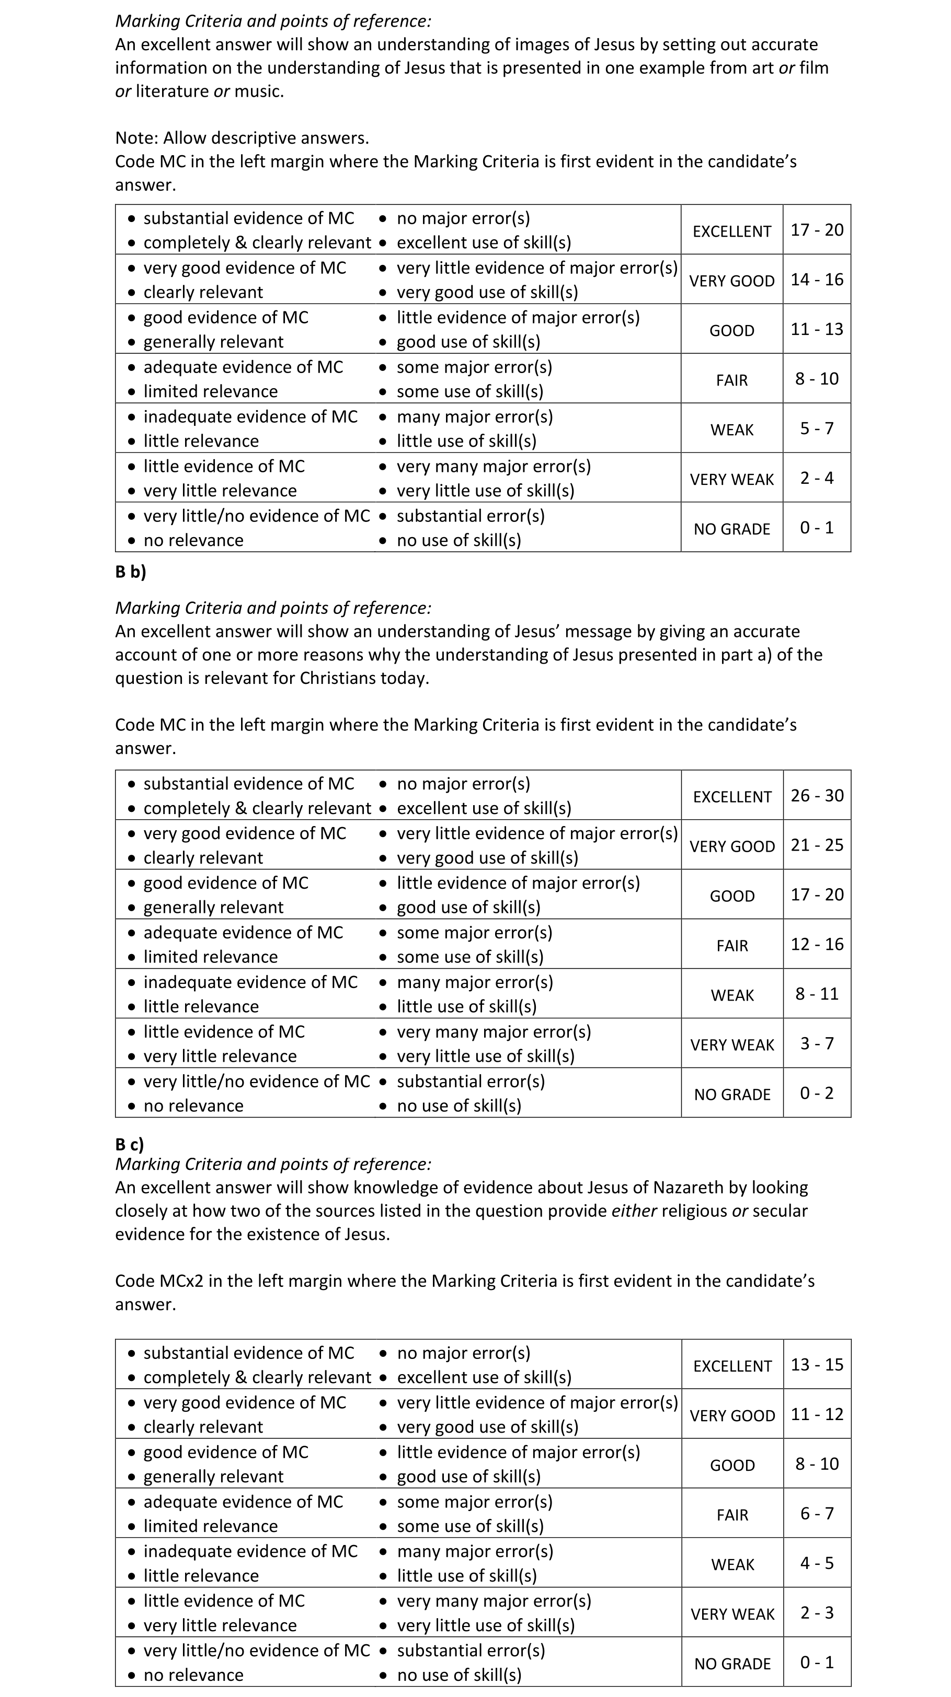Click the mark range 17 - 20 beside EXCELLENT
pyautogui.click(x=817, y=230)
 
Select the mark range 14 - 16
pyautogui.click(x=817, y=280)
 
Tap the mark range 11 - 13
pyautogui.click(x=817, y=329)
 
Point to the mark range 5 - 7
pyautogui.click(x=817, y=428)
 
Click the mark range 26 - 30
pyautogui.click(x=817, y=795)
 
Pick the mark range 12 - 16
pyautogui.click(x=817, y=944)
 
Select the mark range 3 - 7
pyautogui.click(x=817, y=1043)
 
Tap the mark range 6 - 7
pyautogui.click(x=817, y=1513)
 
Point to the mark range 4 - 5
pyautogui.click(x=817, y=1563)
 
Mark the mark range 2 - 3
pyautogui.click(x=817, y=1613)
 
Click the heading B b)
pyautogui.click(x=131, y=572)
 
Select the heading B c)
pyautogui.click(x=129, y=1144)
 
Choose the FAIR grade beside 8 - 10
pyautogui.click(x=731, y=380)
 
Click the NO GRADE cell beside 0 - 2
pyautogui.click(x=731, y=1094)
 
